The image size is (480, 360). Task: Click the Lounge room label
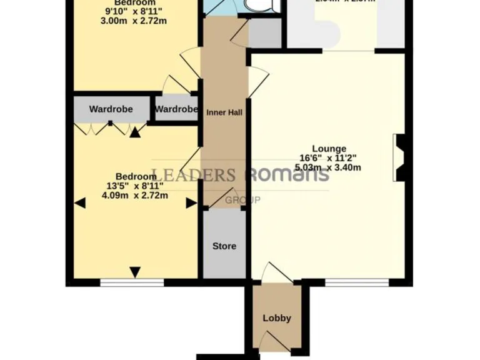tap(331, 149)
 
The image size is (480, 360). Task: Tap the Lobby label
tap(277, 317)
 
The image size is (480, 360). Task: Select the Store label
tap(224, 246)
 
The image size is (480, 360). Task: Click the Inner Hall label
tap(224, 112)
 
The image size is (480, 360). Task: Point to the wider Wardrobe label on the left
tap(111, 109)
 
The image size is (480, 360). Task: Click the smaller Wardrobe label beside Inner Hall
tap(176, 109)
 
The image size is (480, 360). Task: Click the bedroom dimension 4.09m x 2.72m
tap(135, 195)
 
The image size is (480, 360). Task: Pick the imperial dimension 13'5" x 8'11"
tap(135, 186)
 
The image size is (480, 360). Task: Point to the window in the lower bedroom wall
tap(132, 282)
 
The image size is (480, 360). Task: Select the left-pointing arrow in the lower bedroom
tap(79, 202)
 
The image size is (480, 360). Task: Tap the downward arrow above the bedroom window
tap(135, 271)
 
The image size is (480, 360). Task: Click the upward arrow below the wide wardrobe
tap(135, 131)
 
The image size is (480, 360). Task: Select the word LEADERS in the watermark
tap(194, 174)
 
